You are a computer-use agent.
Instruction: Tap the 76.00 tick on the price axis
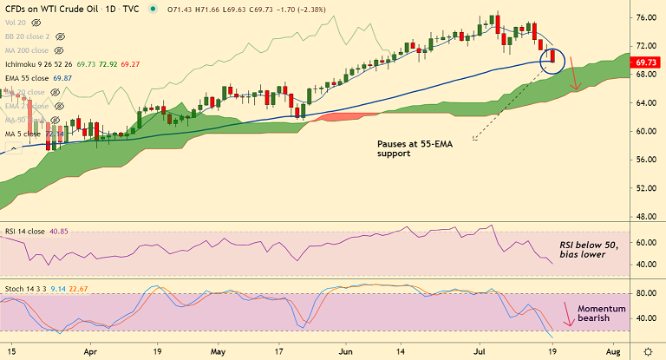[x=645, y=17]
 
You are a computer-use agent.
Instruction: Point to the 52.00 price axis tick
[x=645, y=188]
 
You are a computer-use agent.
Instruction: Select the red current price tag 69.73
[x=646, y=62]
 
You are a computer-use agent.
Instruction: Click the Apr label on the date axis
[x=91, y=353]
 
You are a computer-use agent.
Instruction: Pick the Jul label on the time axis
[x=478, y=353]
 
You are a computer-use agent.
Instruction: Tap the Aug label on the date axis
[x=612, y=353]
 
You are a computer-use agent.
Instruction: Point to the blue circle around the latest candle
[x=552, y=60]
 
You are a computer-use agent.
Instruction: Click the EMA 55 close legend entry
[x=35, y=78]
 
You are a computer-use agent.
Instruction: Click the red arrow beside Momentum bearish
[x=566, y=313]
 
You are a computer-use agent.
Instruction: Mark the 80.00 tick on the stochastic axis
[x=645, y=294]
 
